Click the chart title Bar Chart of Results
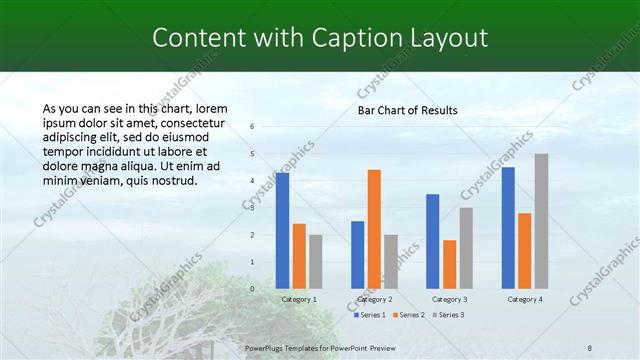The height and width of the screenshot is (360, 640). pos(407,110)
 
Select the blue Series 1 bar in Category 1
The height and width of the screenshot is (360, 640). pos(283,230)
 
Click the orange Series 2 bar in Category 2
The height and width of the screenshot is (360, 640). pos(374,229)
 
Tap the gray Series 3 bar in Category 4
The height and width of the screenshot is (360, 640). pos(541,221)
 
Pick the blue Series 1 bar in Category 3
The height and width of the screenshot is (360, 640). pos(433,241)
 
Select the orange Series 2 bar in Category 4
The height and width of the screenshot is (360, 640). pos(525,250)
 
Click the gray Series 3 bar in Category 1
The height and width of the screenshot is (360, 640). pos(315,261)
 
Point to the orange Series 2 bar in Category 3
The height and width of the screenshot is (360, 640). pos(449,264)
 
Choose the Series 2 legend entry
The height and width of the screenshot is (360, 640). pos(408,315)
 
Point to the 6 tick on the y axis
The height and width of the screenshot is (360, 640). pos(252,126)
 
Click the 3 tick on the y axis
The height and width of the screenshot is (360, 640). pos(252,208)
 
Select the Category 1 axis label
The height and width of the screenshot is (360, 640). pos(299,299)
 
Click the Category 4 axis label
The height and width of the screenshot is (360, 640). pos(525,299)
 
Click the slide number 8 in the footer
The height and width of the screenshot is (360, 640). pos(590,347)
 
